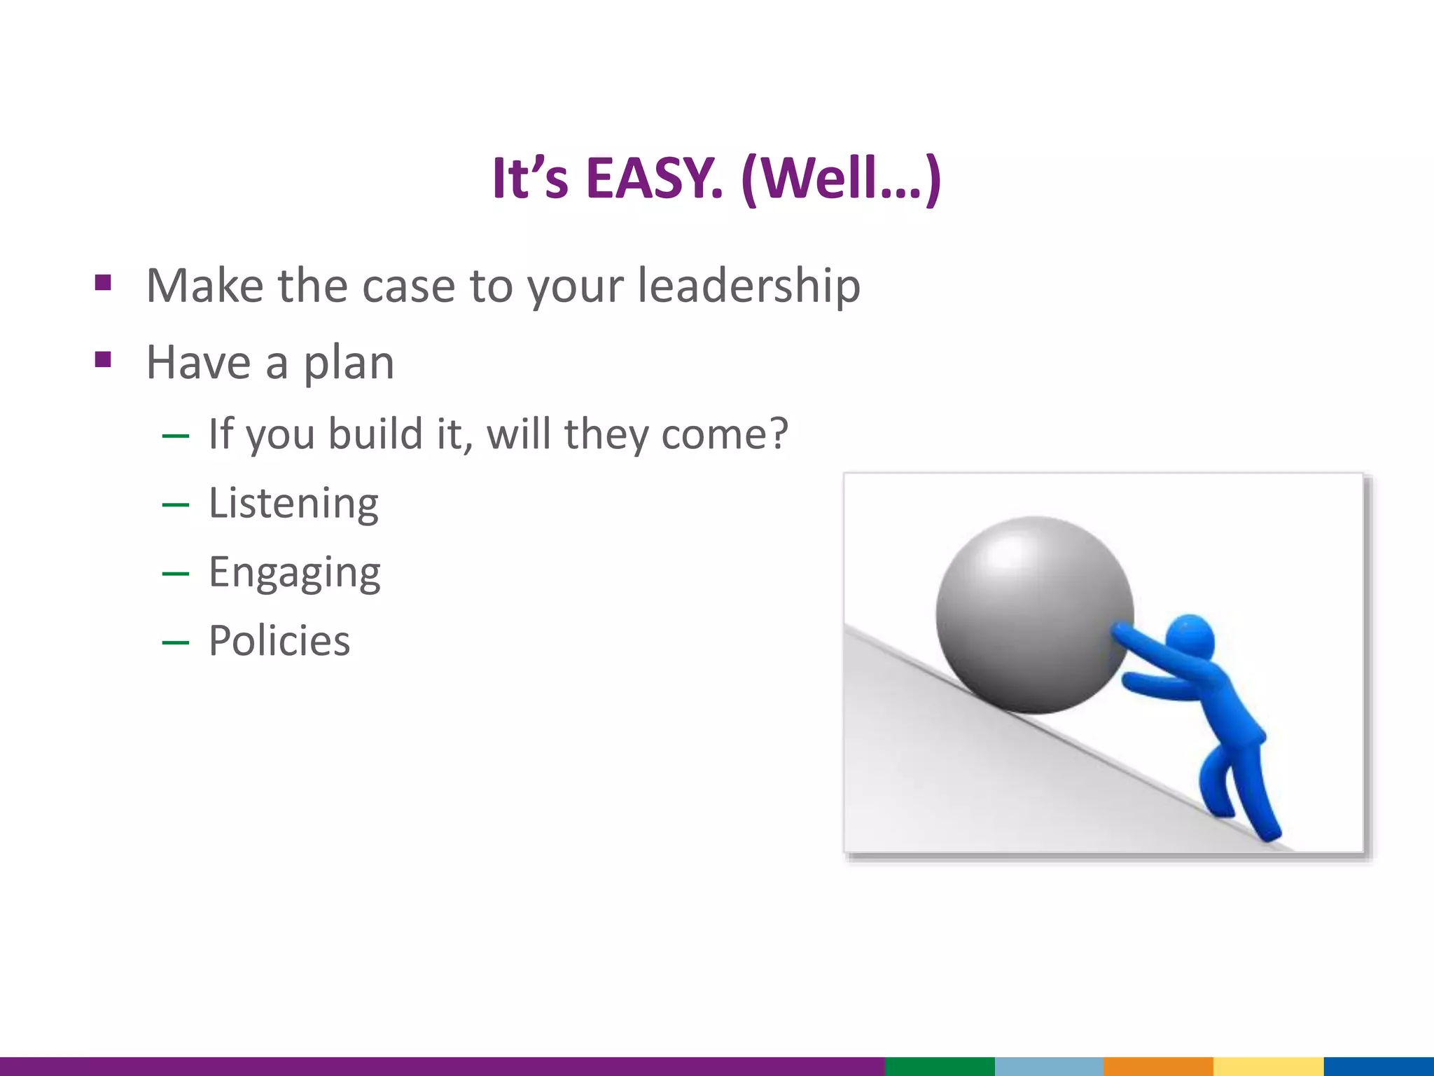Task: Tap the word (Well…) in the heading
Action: (x=840, y=179)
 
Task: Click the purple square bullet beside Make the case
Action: (x=103, y=283)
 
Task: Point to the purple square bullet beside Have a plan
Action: (x=103, y=360)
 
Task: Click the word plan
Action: (x=348, y=364)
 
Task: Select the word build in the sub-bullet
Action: (x=376, y=434)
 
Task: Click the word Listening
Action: (x=293, y=504)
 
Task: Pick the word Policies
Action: (x=279, y=641)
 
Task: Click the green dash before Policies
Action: (x=175, y=642)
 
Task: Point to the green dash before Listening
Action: (x=175, y=504)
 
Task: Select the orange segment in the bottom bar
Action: (x=1158, y=1066)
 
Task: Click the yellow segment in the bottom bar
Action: (x=1267, y=1066)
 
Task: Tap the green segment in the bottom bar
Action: (x=940, y=1066)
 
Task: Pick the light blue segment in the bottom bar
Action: (x=1049, y=1066)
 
